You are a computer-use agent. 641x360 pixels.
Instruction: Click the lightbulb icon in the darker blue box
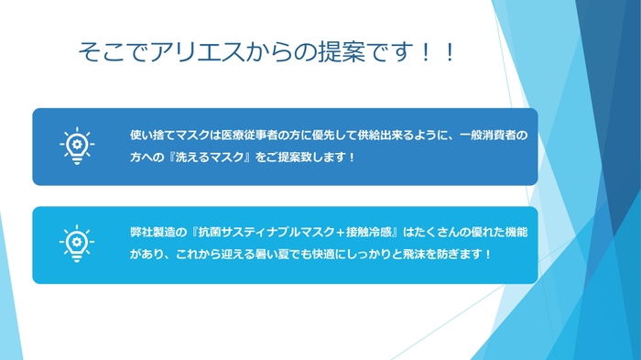[x=76, y=146]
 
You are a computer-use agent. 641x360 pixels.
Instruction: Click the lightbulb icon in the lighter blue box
[x=76, y=242]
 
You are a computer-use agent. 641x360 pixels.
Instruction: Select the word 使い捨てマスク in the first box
[x=168, y=136]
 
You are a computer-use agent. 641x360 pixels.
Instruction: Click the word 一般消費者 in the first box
[x=494, y=136]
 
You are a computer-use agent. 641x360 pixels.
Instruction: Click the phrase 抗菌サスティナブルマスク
[x=260, y=232]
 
